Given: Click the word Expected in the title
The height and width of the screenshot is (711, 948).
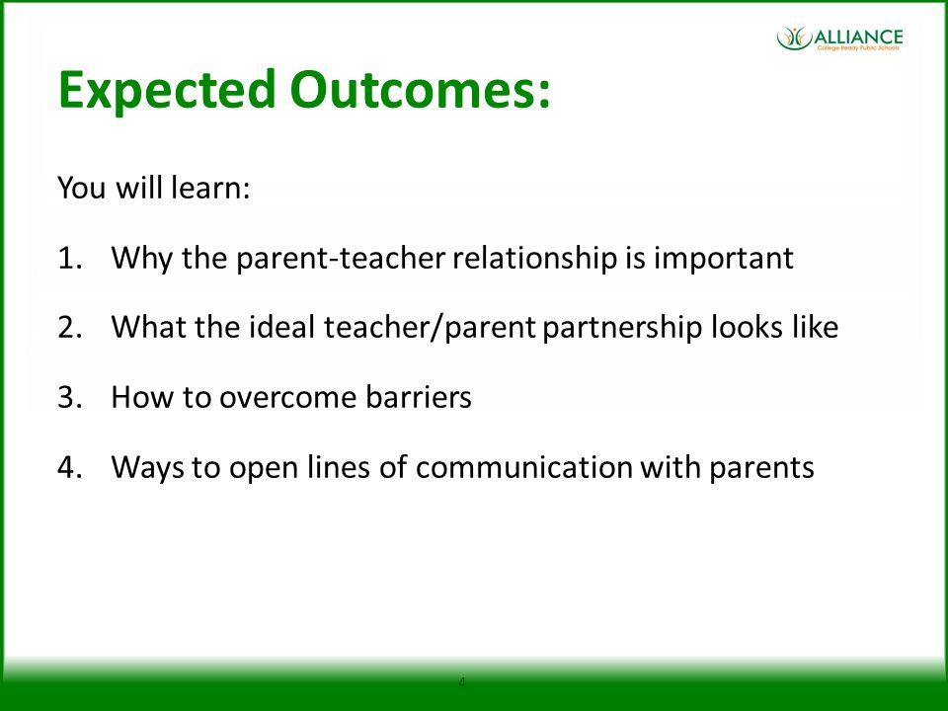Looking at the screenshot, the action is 166,92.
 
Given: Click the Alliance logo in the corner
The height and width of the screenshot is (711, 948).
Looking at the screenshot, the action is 839,39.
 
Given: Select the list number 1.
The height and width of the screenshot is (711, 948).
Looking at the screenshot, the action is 69,258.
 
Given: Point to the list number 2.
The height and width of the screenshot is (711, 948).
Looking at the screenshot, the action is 69,328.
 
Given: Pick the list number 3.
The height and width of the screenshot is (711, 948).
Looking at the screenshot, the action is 69,398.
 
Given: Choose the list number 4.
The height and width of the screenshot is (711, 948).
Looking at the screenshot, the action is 69,467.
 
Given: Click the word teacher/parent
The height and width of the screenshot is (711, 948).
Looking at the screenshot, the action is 430,328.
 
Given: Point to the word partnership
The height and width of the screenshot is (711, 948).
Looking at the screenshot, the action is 623,328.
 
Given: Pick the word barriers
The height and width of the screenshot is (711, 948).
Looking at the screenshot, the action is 419,397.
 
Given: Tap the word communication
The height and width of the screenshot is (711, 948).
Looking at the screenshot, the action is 524,467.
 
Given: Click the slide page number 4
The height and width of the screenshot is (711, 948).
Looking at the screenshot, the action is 462,682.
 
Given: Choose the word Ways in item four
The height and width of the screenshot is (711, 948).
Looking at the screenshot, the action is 147,468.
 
